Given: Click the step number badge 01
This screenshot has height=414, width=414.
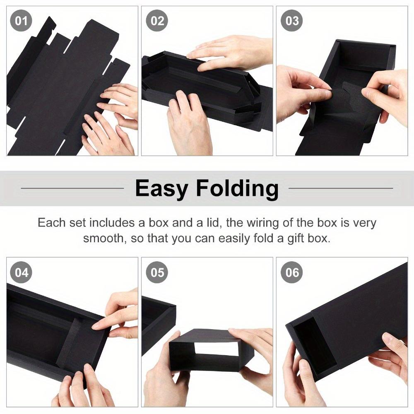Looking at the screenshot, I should tap(21, 21).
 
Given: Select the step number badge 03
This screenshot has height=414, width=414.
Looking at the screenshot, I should tap(292, 21).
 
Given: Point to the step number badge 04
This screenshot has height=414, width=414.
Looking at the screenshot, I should tap(21, 272).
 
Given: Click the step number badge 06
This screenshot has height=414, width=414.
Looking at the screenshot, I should tap(292, 272).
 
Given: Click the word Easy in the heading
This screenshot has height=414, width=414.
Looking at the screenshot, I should tap(162, 189).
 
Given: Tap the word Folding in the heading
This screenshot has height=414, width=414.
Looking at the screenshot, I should tap(237, 189).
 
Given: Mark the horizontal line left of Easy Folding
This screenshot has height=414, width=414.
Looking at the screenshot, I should tap(72, 188).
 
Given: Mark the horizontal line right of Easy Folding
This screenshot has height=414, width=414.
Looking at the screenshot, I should tap(340, 188).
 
